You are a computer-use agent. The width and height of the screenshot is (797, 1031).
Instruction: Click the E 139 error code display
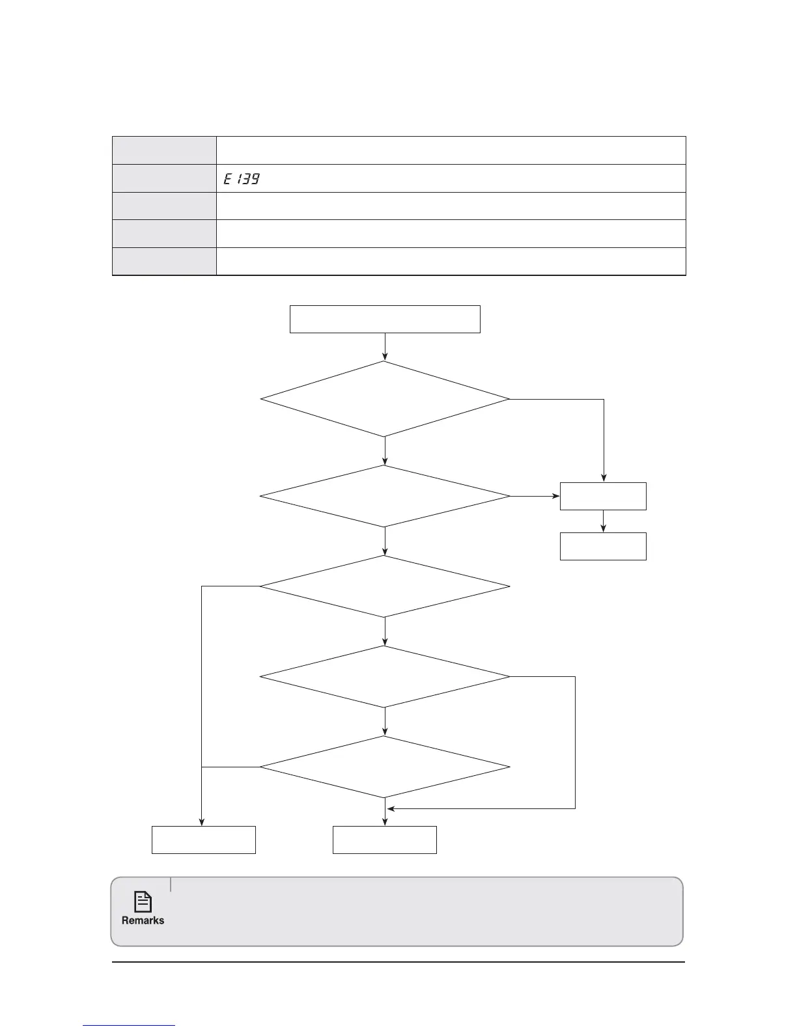click(x=242, y=178)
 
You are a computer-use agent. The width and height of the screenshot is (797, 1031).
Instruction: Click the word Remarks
click(x=143, y=920)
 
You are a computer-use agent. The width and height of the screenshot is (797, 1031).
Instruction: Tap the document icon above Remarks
click(x=143, y=902)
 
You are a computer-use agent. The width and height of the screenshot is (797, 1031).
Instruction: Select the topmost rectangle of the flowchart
click(x=385, y=319)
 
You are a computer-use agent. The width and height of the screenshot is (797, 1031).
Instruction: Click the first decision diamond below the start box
click(x=385, y=399)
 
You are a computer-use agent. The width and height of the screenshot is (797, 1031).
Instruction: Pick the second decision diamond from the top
click(x=385, y=496)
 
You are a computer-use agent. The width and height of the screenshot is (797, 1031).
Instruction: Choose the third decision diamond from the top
click(x=385, y=586)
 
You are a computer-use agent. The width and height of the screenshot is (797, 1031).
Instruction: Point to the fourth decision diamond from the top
click(x=385, y=677)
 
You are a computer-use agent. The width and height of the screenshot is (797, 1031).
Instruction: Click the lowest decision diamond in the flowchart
click(x=385, y=767)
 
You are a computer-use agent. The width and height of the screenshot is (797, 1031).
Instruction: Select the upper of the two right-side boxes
click(x=603, y=496)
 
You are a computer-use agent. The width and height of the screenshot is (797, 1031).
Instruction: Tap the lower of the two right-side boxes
click(x=603, y=547)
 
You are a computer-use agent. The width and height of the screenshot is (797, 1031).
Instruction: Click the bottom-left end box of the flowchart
click(x=203, y=840)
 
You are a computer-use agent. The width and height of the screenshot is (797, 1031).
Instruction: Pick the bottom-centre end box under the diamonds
click(x=385, y=840)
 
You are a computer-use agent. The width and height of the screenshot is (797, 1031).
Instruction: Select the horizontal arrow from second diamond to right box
click(x=535, y=496)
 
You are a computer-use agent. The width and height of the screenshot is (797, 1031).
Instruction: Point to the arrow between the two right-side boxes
click(x=603, y=521)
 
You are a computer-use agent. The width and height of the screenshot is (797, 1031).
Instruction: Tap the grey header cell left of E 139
click(x=164, y=178)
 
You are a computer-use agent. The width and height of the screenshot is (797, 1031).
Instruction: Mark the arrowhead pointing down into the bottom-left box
click(x=201, y=822)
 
